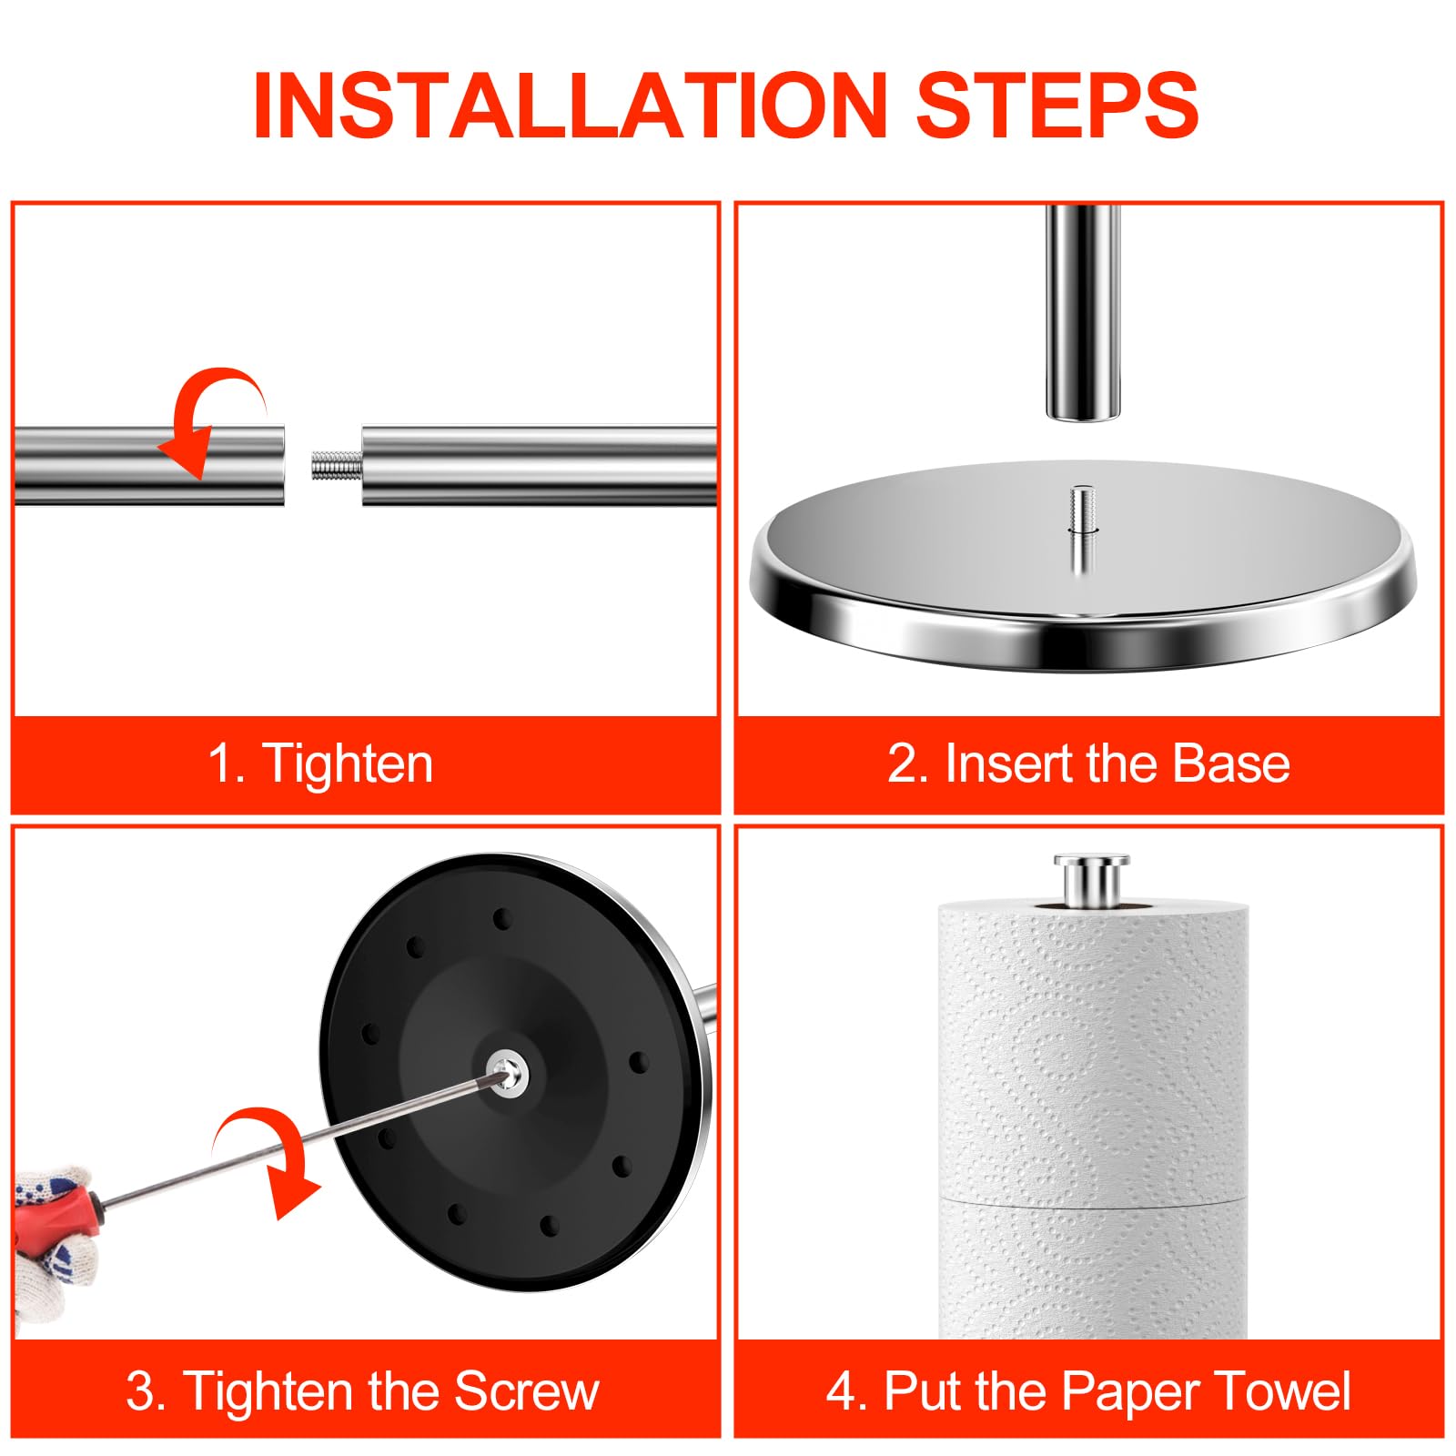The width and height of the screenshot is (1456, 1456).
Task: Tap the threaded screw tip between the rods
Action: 337,466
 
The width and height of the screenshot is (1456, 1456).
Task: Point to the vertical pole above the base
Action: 1082,311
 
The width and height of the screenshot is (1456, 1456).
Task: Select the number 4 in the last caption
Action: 840,1391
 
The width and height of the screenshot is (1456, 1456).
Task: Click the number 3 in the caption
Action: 141,1391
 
